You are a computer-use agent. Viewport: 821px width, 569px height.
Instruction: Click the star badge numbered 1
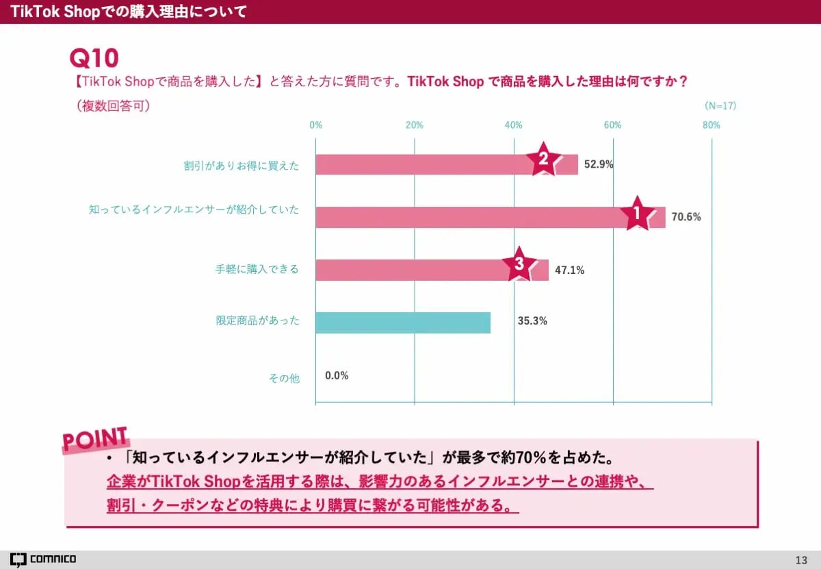coord(637,213)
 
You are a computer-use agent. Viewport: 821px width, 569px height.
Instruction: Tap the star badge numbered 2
coord(543,160)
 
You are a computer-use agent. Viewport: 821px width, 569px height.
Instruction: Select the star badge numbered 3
coord(519,265)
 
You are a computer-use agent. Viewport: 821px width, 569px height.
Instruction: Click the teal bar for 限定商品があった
coord(403,323)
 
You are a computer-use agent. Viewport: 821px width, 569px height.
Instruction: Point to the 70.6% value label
coord(686,217)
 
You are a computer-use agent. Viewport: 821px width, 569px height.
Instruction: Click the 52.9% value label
coord(599,164)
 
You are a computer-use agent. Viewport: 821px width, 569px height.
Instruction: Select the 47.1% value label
coord(569,270)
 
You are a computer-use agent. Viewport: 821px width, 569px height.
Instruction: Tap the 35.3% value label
coord(532,320)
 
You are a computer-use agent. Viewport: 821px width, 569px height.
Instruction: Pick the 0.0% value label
coord(337,375)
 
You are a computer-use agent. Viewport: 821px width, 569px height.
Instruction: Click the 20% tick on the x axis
coord(415,125)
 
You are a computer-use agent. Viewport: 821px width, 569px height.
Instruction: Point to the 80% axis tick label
coord(711,125)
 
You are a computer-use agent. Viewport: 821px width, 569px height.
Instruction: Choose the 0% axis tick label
coord(315,125)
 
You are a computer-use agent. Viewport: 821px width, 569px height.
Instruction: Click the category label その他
coord(284,378)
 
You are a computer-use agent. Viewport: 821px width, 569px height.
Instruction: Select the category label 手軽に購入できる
coord(257,269)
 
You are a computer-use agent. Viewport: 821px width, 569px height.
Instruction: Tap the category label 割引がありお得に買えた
coord(241,165)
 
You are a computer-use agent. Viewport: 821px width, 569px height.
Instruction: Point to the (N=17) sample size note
coord(720,106)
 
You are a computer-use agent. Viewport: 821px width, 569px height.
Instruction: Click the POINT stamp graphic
coord(95,440)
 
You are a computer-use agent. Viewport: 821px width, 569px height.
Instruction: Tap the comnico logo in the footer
coord(43,559)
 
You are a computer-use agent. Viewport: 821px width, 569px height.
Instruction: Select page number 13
coord(801,559)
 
